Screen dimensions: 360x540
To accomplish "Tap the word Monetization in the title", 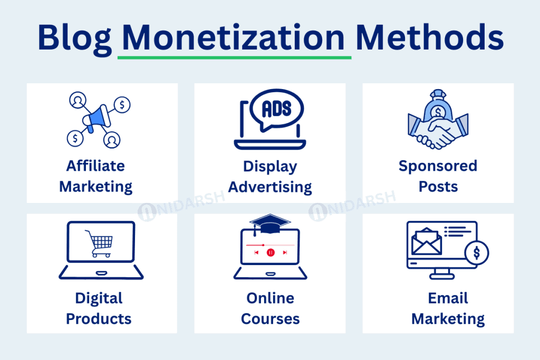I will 234,37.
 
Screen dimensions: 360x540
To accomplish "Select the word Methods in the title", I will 430,37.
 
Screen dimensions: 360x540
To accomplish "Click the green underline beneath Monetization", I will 234,56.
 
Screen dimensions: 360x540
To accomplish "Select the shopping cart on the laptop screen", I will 100,243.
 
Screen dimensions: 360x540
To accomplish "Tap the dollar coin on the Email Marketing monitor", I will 476,253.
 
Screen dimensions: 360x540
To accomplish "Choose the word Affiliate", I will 95,166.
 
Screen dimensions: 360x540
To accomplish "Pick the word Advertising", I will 270,187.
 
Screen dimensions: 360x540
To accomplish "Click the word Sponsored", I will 438,166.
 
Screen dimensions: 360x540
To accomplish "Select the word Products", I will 99,319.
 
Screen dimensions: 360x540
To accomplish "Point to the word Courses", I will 270,319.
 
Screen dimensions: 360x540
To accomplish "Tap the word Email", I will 448,298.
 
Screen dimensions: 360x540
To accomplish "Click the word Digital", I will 99,298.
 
